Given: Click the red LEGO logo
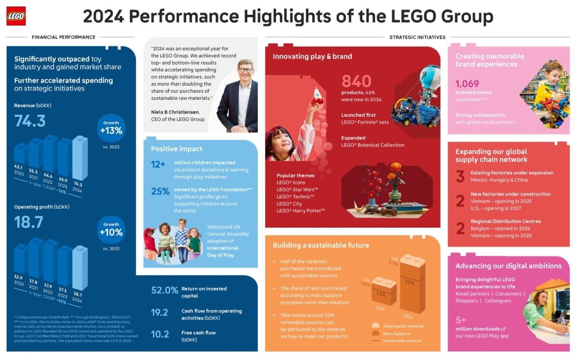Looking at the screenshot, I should coord(16,16).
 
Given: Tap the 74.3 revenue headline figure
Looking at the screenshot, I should coord(30,121).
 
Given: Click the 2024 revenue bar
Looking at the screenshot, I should coord(80,157).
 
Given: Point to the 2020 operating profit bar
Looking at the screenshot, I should coord(21,259).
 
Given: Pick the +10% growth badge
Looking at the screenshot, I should coord(111,229).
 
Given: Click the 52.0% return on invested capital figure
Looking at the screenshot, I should coord(165,291).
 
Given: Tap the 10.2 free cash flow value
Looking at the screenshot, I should coord(160,334).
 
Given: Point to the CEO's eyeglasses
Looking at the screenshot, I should coord(245,70).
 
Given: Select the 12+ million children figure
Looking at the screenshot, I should coord(158,165).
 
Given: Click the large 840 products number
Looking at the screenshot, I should coord(356,81).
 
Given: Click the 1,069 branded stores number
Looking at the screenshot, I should coord(467,84).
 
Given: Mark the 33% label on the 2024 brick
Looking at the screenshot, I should coord(409,283).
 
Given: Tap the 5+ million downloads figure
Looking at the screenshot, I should coord(461,320).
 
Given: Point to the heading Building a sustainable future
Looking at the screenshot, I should coord(321,245).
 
